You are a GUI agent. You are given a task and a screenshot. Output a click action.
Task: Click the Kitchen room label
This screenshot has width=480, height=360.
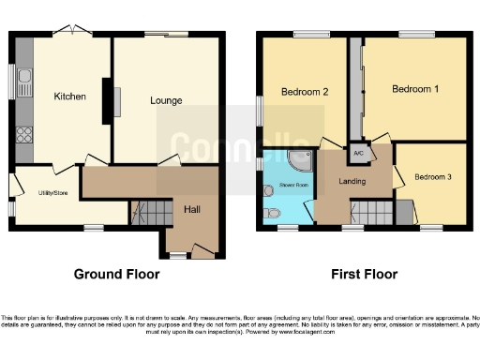click(69, 97)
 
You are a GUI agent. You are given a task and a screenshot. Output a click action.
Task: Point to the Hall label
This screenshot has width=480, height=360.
click(192, 209)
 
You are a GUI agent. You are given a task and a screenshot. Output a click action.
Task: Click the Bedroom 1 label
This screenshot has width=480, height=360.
click(414, 89)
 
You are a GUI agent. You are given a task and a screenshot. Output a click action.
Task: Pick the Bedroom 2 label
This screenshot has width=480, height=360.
click(305, 92)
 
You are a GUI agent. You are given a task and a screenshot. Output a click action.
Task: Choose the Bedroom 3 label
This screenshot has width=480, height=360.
click(433, 177)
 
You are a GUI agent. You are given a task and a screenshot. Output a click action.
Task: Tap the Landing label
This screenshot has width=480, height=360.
click(352, 181)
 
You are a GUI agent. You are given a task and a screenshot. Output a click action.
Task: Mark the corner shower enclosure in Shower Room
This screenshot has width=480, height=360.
click(301, 160)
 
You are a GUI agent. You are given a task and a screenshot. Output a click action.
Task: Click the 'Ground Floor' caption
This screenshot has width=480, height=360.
click(116, 275)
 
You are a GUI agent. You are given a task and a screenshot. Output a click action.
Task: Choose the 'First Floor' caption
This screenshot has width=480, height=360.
click(364, 275)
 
